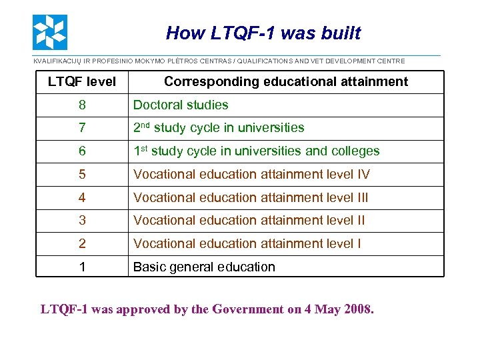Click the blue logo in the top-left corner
pyautogui.click(x=50, y=33)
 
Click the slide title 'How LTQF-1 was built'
pyautogui.click(x=263, y=33)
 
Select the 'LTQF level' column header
pyautogui.click(x=81, y=82)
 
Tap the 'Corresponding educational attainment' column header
pyautogui.click(x=285, y=82)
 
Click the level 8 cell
pyautogui.click(x=81, y=105)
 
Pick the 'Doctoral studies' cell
pyautogui.click(x=181, y=105)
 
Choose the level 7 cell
pyautogui.click(x=81, y=128)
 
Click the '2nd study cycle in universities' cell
pyautogui.click(x=219, y=128)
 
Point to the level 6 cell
pyautogui.click(x=81, y=151)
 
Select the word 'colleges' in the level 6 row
pyautogui.click(x=355, y=151)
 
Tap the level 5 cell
pyautogui.click(x=81, y=175)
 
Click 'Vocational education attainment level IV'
pyautogui.click(x=251, y=175)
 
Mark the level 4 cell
pyautogui.click(x=81, y=197)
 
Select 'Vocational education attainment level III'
pyautogui.click(x=251, y=197)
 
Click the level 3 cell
pyautogui.click(x=81, y=221)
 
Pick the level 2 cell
pyautogui.click(x=81, y=244)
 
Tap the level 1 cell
pyautogui.click(x=81, y=267)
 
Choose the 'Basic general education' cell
pyautogui.click(x=204, y=267)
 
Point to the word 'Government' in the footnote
pyautogui.click(x=246, y=309)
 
